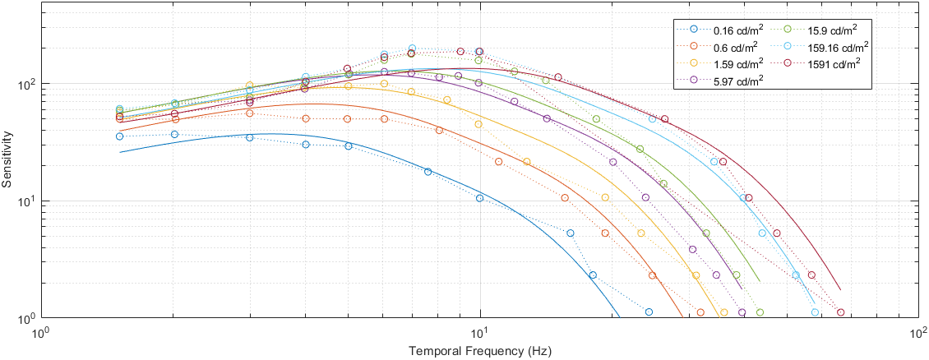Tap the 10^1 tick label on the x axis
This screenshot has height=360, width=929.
[x=479, y=333]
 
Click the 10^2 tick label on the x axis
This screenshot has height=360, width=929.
[x=918, y=333]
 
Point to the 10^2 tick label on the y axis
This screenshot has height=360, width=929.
[x=21, y=84]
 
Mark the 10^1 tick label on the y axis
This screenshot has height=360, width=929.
[x=21, y=201]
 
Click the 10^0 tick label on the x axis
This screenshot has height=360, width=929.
[x=39, y=333]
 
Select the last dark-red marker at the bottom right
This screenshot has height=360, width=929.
[x=840, y=312]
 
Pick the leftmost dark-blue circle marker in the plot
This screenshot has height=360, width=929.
[x=119, y=136]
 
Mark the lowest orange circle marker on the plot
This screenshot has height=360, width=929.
[x=700, y=312]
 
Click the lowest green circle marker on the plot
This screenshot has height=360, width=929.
[x=760, y=312]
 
